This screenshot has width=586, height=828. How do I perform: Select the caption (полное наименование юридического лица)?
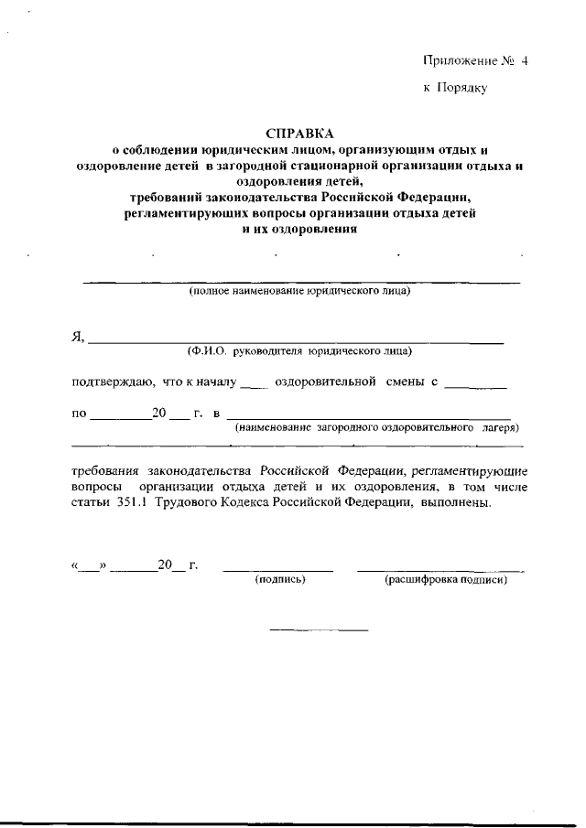(300, 293)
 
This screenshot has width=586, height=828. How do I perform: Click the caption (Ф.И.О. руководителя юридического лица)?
(298, 350)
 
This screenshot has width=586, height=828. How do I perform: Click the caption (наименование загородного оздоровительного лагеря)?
(376, 426)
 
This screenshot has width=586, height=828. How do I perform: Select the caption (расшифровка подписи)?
(446, 579)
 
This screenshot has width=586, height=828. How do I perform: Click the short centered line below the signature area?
(319, 630)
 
